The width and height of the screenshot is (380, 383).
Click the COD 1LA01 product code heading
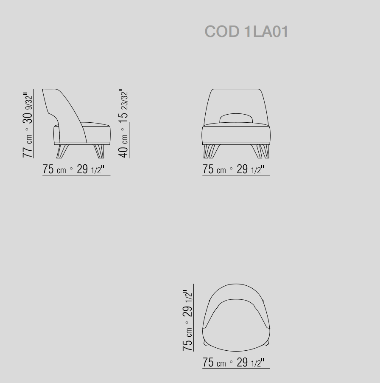[x=246, y=31]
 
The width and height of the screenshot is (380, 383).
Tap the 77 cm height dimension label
[x=28, y=146]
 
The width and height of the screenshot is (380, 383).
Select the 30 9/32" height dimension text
[x=28, y=108]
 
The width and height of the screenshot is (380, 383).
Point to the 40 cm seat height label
[x=123, y=146]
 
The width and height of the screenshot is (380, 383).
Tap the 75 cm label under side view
[x=54, y=169]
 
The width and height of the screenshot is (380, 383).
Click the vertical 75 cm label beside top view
[x=187, y=339]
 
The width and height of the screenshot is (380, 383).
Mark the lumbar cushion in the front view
[x=236, y=118]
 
